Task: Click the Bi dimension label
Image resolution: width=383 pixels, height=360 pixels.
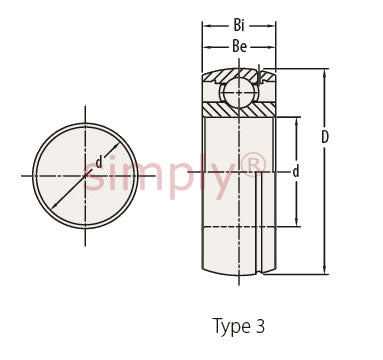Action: [x=239, y=26]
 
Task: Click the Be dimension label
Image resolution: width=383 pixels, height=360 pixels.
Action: [x=239, y=47]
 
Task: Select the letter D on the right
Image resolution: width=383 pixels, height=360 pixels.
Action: [x=325, y=137]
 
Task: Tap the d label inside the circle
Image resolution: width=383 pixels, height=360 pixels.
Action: [x=99, y=162]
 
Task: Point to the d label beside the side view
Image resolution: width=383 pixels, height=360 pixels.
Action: [x=296, y=172]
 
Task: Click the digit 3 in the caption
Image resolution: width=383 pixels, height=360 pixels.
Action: [x=260, y=326]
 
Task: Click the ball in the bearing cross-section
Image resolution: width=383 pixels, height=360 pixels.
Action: [x=239, y=93]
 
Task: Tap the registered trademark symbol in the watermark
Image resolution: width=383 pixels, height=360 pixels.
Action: [x=255, y=165]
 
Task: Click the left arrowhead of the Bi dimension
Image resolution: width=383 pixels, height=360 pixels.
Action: [x=207, y=26]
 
